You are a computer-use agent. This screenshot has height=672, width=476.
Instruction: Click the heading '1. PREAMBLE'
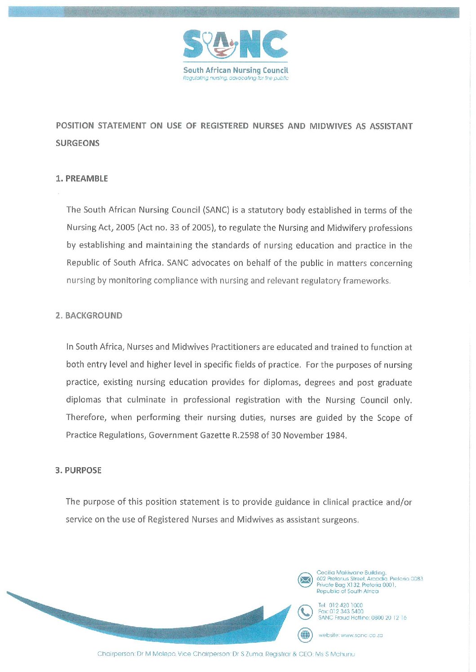[82, 178]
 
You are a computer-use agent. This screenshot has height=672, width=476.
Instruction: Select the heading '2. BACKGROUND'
[89, 315]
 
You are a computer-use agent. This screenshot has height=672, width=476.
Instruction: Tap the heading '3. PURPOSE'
[79, 470]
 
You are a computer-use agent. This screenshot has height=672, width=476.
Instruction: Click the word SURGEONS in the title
[77, 143]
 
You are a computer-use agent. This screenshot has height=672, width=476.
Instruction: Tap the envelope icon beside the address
[305, 580]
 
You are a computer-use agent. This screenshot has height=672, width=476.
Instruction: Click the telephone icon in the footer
[305, 611]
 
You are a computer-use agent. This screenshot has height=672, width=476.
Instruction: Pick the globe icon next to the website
[305, 635]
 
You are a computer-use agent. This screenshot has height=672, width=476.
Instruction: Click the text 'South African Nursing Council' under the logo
[236, 70]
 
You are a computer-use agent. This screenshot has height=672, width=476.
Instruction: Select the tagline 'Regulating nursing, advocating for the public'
[236, 78]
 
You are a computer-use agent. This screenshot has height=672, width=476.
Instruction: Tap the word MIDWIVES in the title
[331, 126]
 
